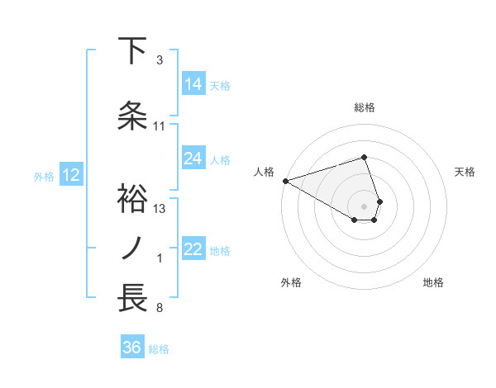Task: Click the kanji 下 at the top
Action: coord(134,51)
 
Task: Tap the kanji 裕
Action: coord(134,198)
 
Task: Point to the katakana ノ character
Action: coord(134,248)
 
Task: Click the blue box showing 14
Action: coord(193,84)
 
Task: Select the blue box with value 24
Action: coord(193,159)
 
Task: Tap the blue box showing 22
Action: coord(193,249)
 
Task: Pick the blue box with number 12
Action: coord(71,175)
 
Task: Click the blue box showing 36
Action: coord(131,348)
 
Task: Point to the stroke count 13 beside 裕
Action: coord(160,209)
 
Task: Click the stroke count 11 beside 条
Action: coord(160,126)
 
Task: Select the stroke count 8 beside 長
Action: coord(160,309)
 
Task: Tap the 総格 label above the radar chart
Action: coord(365,107)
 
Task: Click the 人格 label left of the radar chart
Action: coord(264,172)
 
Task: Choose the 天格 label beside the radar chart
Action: coord(465,172)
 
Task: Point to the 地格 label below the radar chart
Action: coord(433,282)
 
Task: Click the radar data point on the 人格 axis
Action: coord(285,180)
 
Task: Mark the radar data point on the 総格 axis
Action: coord(365,157)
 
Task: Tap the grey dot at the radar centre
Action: coord(365,205)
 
